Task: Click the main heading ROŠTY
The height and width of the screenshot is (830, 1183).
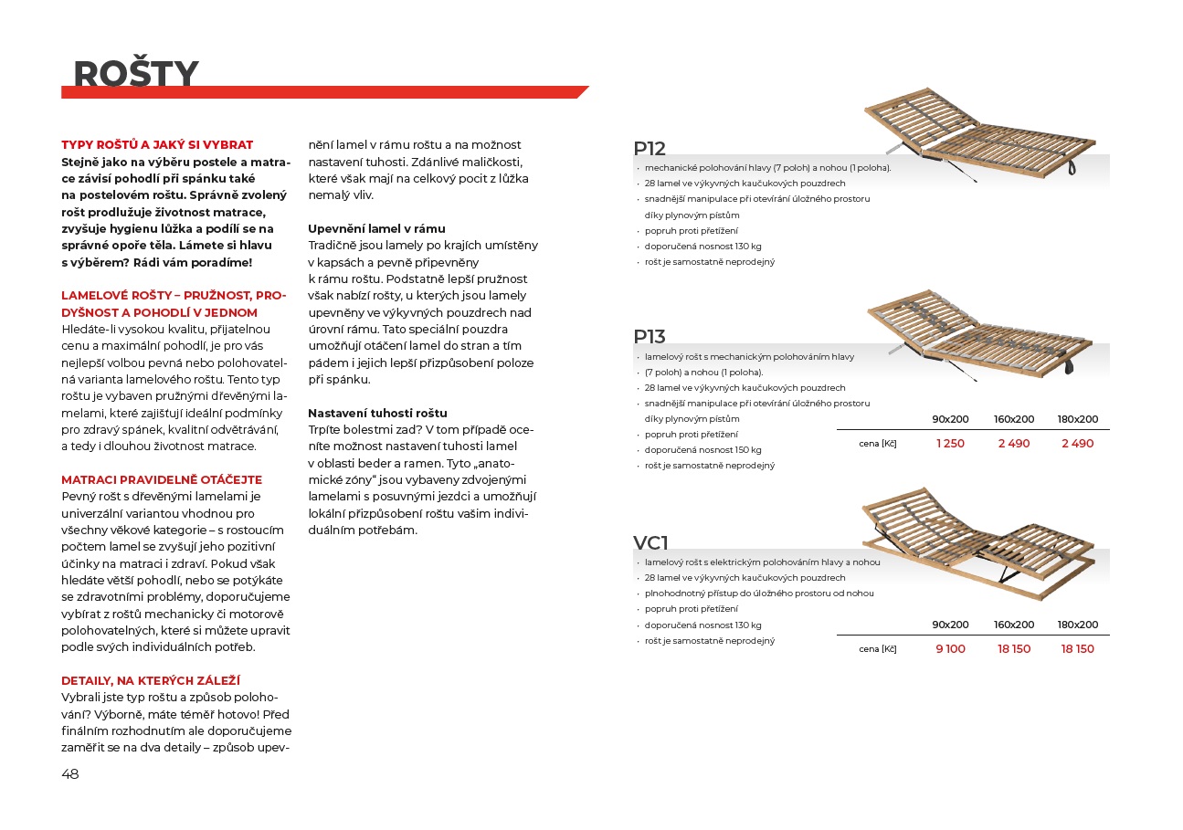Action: pos(135,73)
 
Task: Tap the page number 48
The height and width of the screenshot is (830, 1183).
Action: pos(70,774)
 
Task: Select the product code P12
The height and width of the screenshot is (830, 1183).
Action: pos(650,149)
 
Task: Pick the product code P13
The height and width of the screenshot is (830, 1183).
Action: pos(650,337)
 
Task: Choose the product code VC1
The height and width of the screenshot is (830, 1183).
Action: pos(651,543)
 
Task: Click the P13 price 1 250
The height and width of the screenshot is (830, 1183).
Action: pos(950,444)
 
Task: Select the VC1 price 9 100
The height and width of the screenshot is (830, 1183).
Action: pos(950,649)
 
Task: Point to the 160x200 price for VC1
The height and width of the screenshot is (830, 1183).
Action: pos(1014,649)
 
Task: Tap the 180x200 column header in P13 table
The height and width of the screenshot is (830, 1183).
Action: pos(1078,419)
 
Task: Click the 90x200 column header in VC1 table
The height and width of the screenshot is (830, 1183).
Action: pos(950,625)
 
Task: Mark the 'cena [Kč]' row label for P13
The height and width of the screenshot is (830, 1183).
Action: pos(878,444)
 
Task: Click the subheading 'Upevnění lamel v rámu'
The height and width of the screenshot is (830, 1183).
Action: pos(376,228)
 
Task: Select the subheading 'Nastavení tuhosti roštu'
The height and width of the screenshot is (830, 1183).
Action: pos(377,413)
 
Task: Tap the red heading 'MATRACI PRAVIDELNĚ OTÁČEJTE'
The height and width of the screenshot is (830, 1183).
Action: pos(162,479)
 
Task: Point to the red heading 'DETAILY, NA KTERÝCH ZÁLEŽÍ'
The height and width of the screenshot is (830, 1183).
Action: pos(151,680)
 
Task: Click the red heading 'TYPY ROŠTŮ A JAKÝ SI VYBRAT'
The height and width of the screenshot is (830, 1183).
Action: pos(157,144)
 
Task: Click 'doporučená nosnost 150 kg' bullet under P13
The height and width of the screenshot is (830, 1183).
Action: pos(702,450)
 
